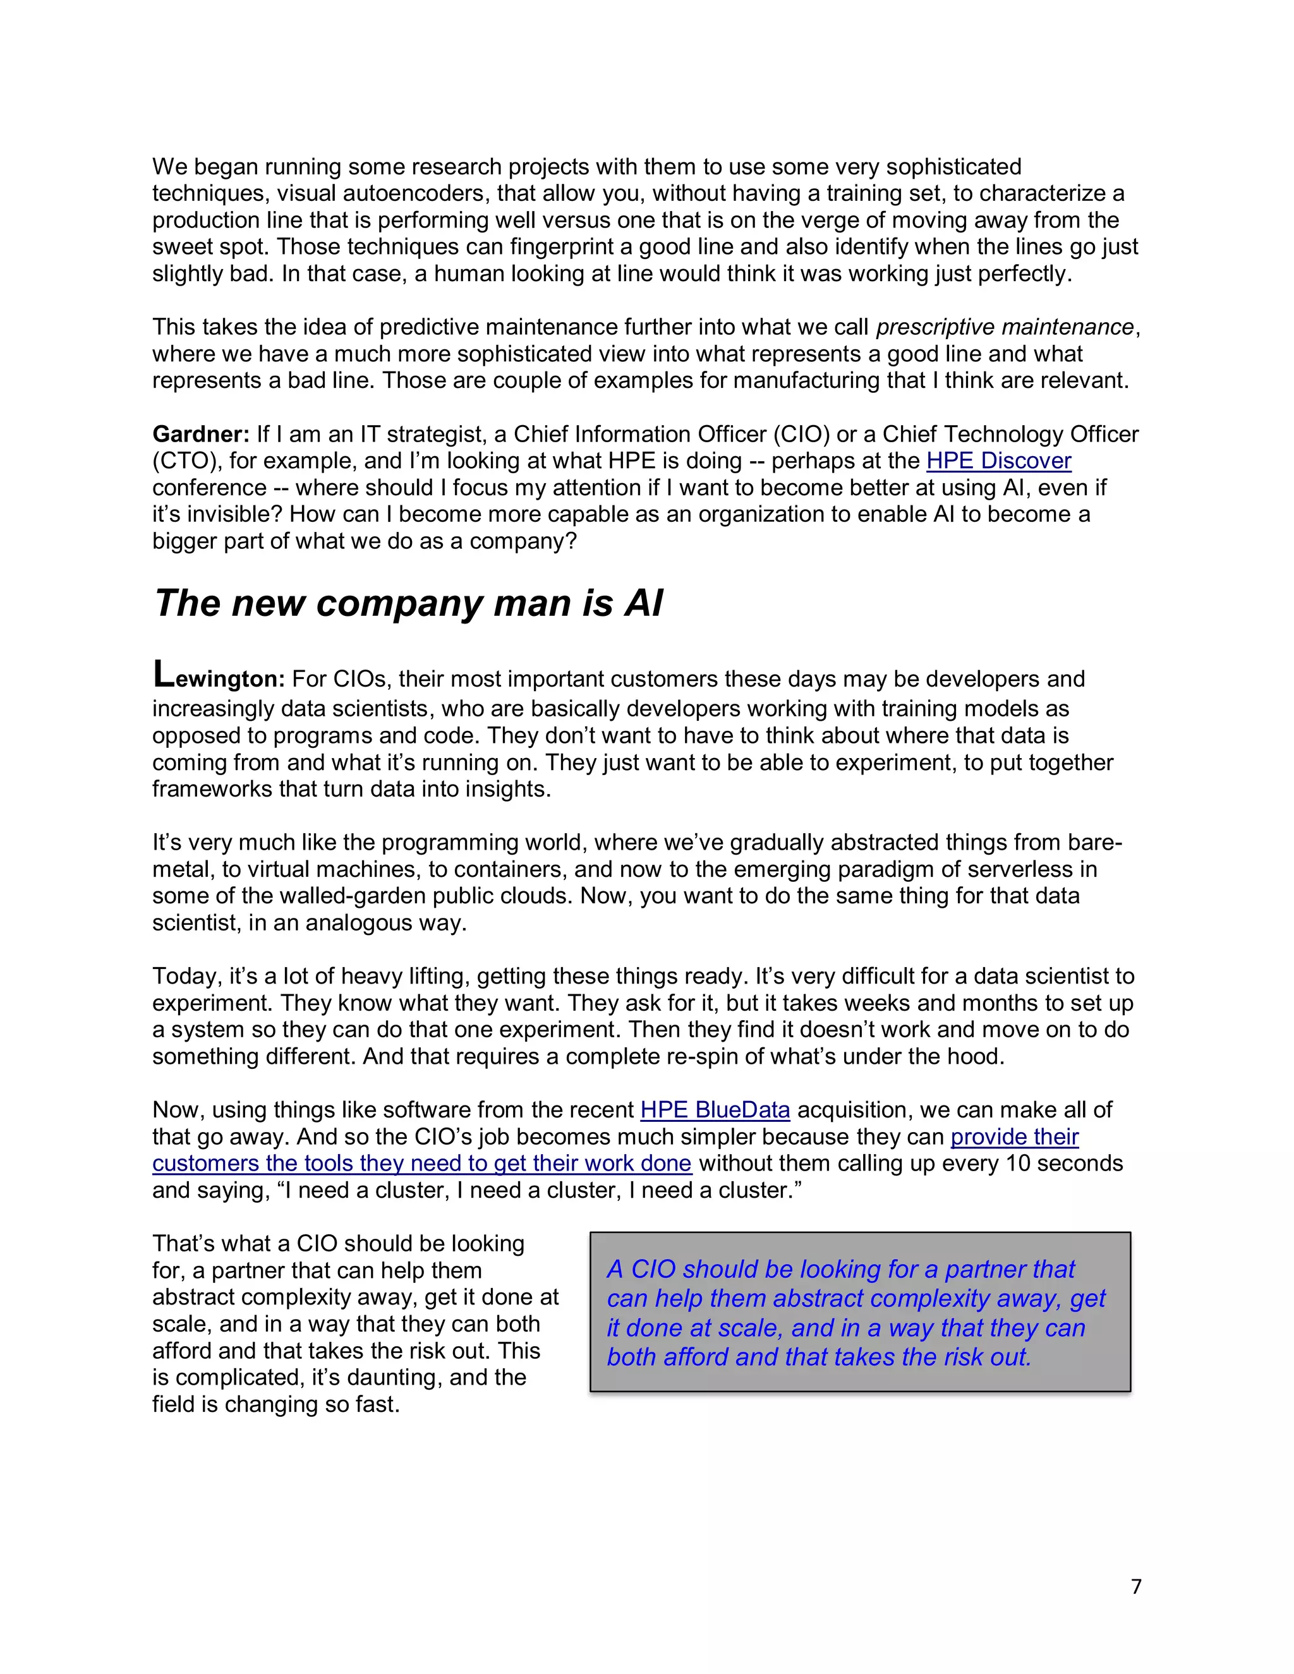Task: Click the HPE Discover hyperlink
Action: (x=998, y=461)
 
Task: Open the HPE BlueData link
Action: (x=715, y=1110)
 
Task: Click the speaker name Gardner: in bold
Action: (x=201, y=435)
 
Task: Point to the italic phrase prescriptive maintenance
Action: (x=1004, y=327)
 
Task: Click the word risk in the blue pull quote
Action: (x=964, y=1357)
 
